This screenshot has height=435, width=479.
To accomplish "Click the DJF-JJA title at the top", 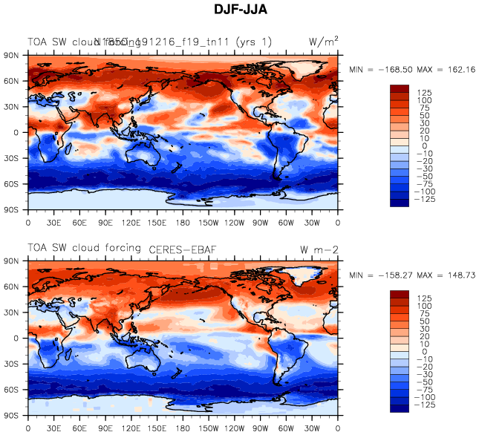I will tap(239, 9).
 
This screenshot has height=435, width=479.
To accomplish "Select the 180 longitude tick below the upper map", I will tap(183, 221).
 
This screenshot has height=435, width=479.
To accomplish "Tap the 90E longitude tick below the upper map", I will tap(105, 221).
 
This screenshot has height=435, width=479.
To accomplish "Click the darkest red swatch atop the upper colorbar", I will tap(400, 88).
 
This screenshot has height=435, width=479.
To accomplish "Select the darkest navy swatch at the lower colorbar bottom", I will tap(400, 408).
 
